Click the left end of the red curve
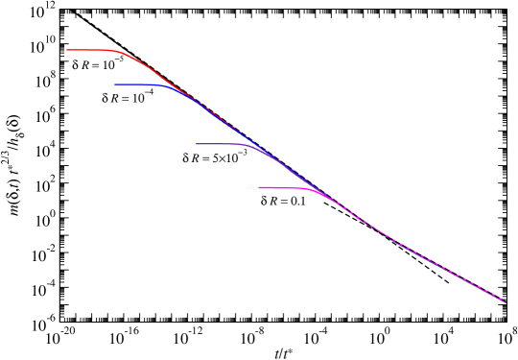tap(67, 50)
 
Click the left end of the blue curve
tap(115, 84)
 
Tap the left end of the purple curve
tap(197, 144)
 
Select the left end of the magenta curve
tap(259, 187)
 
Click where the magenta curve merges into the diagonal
tap(332, 200)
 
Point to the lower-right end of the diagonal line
tap(506, 303)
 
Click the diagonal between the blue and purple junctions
tap(235, 130)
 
